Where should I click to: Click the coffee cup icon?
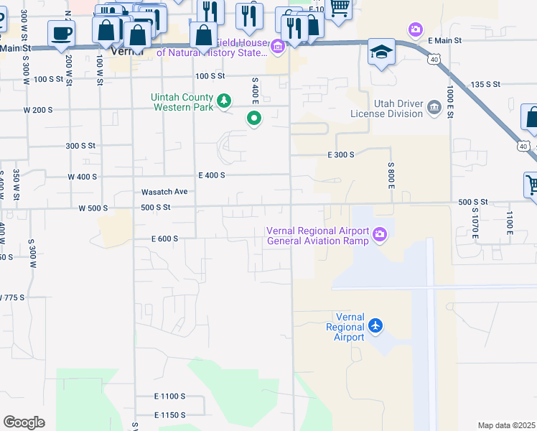(61, 32)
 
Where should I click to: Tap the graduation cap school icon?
(381, 52)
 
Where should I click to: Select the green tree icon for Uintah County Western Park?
(224, 101)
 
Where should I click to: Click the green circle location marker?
(253, 119)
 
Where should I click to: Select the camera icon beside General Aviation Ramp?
(380, 233)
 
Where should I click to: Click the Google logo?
(24, 422)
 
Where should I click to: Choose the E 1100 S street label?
(169, 396)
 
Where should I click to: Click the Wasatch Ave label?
(164, 192)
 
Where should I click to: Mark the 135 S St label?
(485, 85)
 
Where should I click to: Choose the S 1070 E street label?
(475, 226)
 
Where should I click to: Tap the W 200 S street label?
(38, 110)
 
